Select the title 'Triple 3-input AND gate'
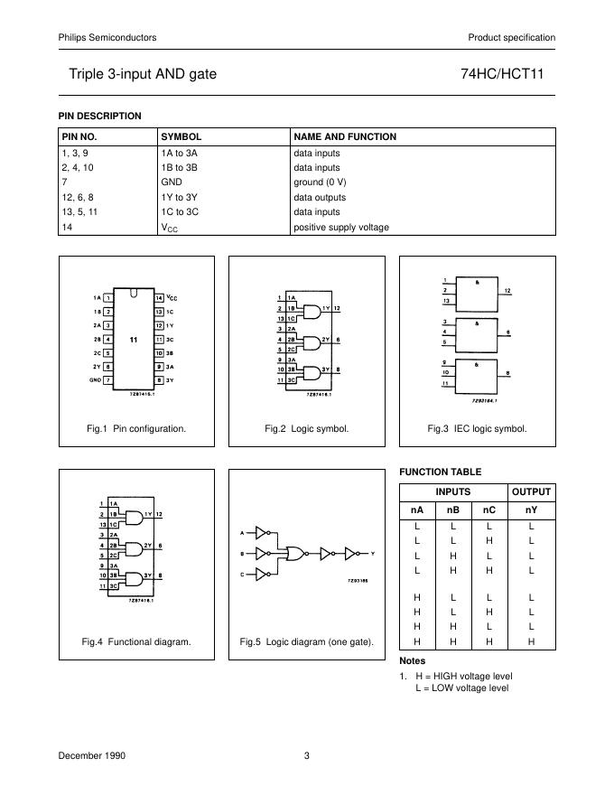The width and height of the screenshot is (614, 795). [143, 73]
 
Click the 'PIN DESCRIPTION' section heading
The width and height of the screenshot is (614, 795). [100, 116]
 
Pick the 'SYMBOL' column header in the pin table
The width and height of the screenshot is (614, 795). [181, 137]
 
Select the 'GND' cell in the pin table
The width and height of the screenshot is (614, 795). [172, 182]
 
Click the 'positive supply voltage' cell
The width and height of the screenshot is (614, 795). [341, 228]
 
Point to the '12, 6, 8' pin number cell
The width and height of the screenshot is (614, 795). [77, 197]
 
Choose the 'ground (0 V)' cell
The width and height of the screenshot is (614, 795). [320, 182]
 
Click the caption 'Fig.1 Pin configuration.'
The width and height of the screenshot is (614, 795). [136, 429]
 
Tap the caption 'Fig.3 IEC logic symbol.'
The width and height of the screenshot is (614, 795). [477, 429]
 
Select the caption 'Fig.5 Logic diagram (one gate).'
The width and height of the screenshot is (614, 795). [307, 642]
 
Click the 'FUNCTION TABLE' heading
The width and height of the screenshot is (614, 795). [441, 472]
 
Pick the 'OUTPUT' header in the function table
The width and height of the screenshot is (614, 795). [531, 492]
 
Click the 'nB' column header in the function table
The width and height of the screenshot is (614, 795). [453, 510]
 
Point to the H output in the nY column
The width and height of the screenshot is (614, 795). [531, 641]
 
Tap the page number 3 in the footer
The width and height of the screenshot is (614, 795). [307, 756]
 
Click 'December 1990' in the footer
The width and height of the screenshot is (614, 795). [92, 756]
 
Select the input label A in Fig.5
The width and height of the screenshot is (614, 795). [241, 532]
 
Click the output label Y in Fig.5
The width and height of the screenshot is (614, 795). [372, 552]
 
